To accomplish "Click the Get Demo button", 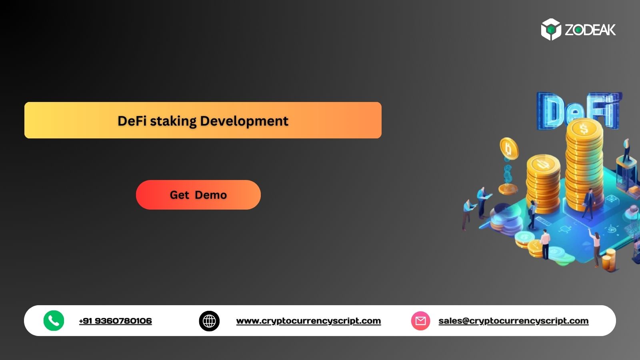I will click(x=198, y=195).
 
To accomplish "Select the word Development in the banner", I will click(x=244, y=121).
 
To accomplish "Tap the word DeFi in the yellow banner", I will click(x=132, y=121).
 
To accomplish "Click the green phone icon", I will click(x=54, y=320).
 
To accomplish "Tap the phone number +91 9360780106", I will click(x=115, y=321).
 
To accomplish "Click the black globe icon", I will click(x=209, y=321).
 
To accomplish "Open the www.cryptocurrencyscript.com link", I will click(x=308, y=321).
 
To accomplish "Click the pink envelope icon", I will click(x=420, y=321).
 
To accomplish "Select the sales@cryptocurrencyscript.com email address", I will click(x=513, y=321).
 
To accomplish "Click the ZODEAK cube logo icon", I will click(x=551, y=29).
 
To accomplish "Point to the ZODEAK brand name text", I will click(x=590, y=30).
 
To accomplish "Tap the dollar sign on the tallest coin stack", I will click(x=584, y=129).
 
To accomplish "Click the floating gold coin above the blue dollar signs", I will click(x=509, y=149).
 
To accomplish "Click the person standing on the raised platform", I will click(x=626, y=150).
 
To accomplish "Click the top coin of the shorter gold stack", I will click(x=543, y=164).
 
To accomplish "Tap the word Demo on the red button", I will click(x=211, y=195).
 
